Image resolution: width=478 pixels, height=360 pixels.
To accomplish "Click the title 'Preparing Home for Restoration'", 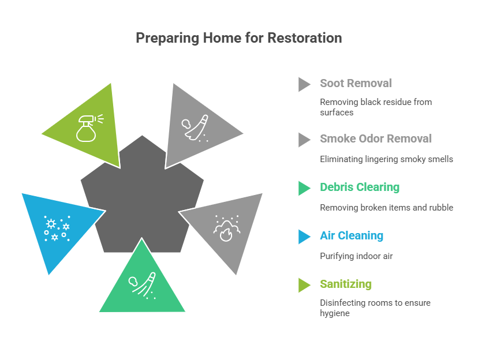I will tap(238, 38).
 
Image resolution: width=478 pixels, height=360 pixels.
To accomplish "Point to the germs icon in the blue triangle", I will tap(57, 228).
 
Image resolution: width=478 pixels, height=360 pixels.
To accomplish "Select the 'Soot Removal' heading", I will tap(356, 84).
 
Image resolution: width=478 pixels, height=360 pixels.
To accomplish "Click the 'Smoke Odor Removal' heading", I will tap(376, 138).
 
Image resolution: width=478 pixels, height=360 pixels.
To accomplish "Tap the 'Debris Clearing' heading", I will tap(360, 187).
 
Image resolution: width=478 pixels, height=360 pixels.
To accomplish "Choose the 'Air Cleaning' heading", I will tap(352, 235).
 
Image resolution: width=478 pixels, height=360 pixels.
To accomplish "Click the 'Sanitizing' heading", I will tap(346, 284).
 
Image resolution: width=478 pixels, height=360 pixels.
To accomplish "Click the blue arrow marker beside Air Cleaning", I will tap(304, 237).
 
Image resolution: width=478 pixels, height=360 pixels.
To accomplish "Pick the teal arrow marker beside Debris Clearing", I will tap(304, 188).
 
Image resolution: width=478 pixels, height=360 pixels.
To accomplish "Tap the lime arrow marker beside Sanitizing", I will tap(304, 285).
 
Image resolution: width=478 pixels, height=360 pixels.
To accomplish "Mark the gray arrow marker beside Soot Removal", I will tap(304, 84).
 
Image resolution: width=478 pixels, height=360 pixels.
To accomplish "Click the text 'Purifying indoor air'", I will tap(356, 256).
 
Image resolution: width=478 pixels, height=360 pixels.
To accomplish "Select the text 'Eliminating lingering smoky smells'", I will tap(386, 159).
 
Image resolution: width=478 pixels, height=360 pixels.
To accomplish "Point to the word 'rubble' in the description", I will tap(440, 208).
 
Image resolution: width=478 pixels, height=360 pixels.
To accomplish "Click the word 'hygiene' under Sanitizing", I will tap(335, 313).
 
